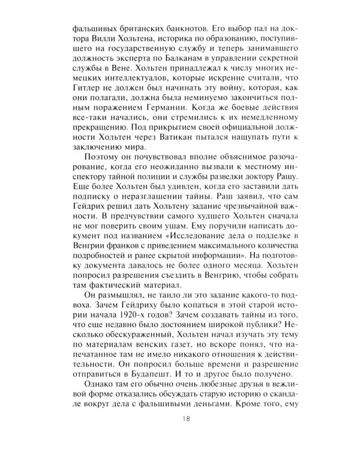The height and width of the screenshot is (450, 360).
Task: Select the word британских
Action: [x=137, y=28]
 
